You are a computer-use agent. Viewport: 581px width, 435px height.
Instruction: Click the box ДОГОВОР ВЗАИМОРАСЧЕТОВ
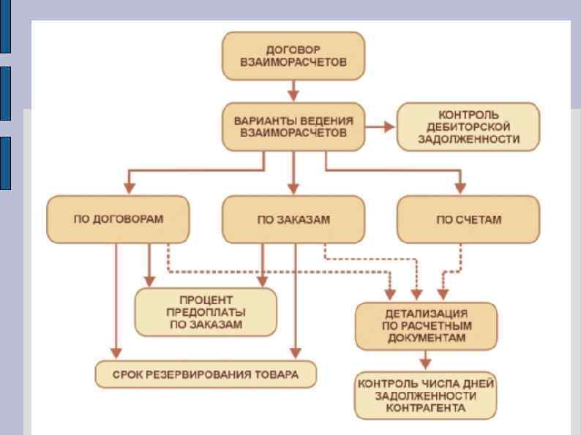[293, 56]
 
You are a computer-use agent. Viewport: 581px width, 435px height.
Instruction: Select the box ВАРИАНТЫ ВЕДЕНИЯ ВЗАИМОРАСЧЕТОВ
[293, 126]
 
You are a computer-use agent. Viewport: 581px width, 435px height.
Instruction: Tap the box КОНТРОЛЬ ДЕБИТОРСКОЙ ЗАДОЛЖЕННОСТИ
[468, 126]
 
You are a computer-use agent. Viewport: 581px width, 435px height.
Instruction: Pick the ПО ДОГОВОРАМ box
[117, 219]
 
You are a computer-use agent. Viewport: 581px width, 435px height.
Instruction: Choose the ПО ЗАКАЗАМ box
[293, 219]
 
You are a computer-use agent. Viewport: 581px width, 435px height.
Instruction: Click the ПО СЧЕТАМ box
[468, 219]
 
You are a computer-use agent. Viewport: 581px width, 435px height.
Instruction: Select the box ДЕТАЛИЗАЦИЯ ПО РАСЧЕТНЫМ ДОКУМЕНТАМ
[425, 325]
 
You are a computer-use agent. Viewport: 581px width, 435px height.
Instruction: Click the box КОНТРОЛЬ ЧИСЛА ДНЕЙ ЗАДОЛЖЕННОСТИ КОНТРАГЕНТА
[425, 394]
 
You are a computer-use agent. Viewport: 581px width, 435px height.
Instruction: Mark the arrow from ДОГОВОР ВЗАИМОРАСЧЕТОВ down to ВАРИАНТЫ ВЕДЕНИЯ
[293, 91]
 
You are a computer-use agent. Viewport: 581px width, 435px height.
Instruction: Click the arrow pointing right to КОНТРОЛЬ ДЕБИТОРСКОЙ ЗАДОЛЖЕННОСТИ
[380, 126]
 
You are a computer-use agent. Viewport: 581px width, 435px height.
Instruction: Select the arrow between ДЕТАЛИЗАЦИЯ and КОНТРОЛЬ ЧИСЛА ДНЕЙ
[425, 359]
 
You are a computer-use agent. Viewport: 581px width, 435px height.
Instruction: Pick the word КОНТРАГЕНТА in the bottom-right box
[425, 408]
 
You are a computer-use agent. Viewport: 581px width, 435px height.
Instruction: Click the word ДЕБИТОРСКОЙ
[468, 126]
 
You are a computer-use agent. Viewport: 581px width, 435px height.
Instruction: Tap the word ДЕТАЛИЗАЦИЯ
[425, 312]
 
